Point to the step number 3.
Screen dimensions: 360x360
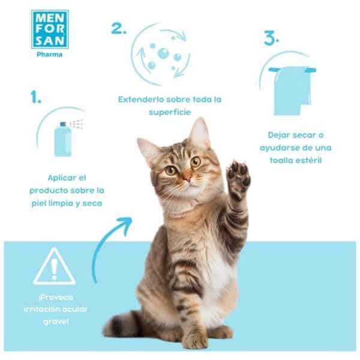click(272, 39)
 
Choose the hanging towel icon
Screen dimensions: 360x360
click(291, 90)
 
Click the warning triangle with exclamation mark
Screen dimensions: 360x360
click(54, 267)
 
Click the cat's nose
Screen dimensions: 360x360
click(187, 177)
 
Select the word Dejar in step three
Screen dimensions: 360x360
click(280, 135)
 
